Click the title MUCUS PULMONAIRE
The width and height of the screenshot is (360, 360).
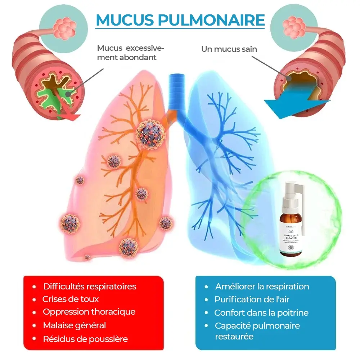point(180,20)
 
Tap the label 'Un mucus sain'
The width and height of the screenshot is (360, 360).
point(229,49)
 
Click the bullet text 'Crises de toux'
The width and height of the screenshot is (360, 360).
point(70,299)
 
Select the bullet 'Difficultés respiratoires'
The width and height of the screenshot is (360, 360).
point(90,286)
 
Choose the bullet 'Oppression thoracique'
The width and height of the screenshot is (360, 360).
point(89,312)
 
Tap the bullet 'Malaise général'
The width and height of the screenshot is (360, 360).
point(75,325)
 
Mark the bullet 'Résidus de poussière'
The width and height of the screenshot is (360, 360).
point(85,339)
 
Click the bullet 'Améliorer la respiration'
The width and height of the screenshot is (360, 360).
point(262,287)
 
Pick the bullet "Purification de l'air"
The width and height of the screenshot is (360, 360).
point(252,299)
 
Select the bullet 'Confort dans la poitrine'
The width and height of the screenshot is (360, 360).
point(261,312)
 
